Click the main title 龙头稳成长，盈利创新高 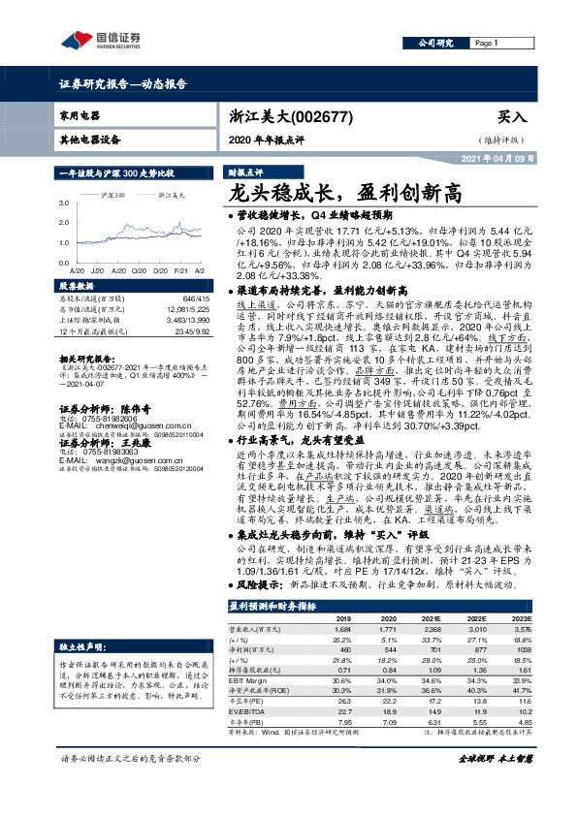(333, 191)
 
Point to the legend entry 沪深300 (112, 195)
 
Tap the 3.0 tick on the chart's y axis (64, 202)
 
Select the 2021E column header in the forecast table (433, 617)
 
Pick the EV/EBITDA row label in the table (250, 711)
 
